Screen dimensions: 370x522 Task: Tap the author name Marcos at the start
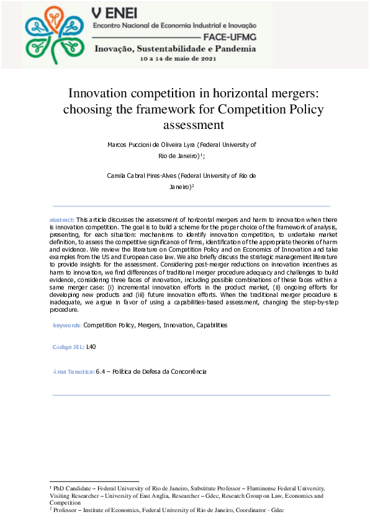(118, 144)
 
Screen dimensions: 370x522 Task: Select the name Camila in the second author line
(117, 176)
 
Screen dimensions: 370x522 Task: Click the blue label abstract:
(61, 220)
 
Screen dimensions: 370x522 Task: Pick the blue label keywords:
(66, 325)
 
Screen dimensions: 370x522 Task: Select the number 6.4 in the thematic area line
(100, 371)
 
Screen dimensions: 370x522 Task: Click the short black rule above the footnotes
(93, 481)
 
